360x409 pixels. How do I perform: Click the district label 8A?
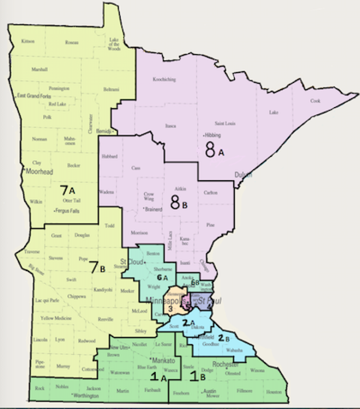[x=214, y=150]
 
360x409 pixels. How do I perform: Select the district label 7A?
[x=67, y=191]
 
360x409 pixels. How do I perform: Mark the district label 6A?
[x=162, y=277]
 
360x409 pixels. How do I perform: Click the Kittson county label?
[x=28, y=41]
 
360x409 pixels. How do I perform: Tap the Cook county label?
[x=315, y=101]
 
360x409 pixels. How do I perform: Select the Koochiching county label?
[x=164, y=79]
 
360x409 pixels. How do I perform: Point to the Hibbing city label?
[x=212, y=135]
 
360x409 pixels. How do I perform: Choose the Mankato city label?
[x=162, y=360]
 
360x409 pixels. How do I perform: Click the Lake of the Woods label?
[x=114, y=44]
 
